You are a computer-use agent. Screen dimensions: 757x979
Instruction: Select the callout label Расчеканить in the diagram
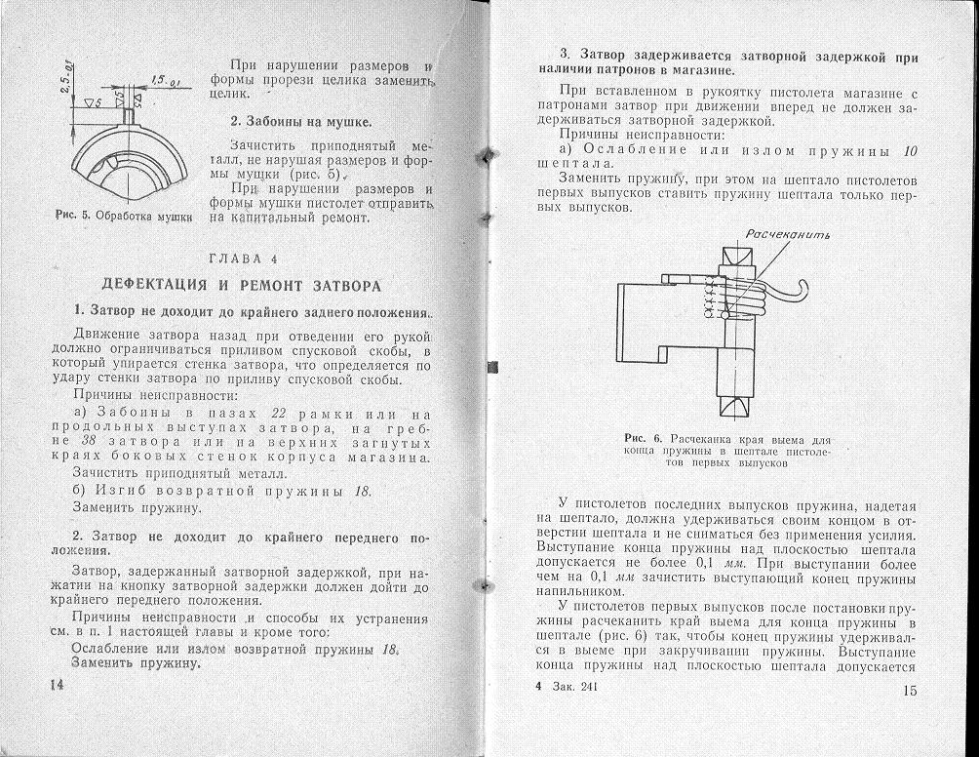tap(786, 234)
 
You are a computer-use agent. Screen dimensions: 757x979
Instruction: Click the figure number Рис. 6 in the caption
tap(644, 439)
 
